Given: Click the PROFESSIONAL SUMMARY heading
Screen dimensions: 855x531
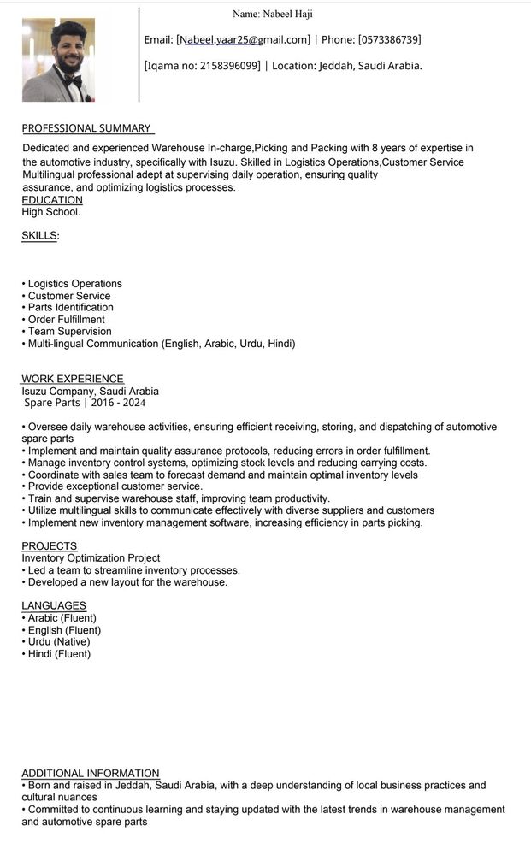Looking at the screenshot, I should coord(86,128).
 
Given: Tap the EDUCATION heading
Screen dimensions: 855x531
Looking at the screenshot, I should coord(52,200).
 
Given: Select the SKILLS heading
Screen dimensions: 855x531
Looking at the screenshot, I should coord(40,235).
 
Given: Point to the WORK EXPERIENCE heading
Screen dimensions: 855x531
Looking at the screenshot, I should coord(73,379).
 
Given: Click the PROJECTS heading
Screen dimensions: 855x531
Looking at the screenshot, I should coord(49,546).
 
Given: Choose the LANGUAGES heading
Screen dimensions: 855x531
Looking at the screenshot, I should coord(54,606).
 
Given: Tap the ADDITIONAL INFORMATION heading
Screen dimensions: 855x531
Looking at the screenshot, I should coord(91,774).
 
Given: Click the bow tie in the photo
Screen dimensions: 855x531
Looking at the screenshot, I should coord(72,80).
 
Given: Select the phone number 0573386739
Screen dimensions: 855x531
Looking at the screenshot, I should coord(389,40).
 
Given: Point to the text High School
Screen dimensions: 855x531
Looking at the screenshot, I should coord(51,212).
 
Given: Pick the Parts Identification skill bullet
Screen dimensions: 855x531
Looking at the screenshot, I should coord(70,308).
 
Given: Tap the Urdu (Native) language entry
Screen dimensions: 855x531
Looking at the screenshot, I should coord(58,642).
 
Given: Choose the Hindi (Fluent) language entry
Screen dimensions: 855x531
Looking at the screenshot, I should coord(59,654).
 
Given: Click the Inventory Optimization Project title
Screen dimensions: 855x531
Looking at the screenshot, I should coord(91,558).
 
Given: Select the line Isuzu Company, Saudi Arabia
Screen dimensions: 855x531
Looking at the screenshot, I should coord(90,392).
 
